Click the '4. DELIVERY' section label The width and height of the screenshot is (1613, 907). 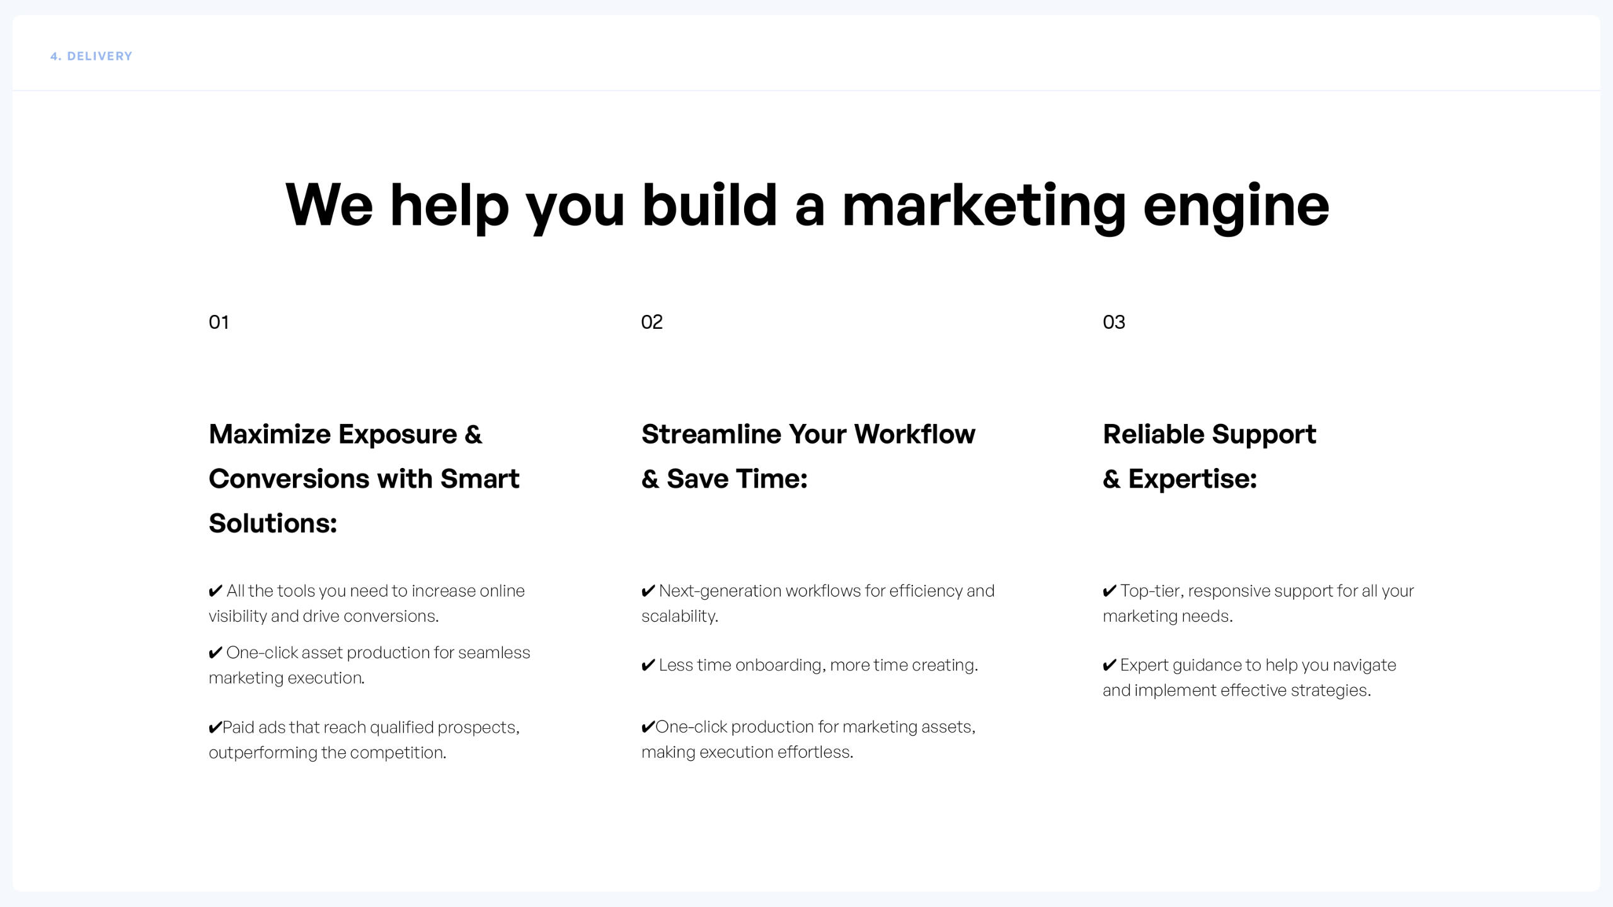pyautogui.click(x=91, y=56)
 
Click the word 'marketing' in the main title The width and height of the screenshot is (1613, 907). pyautogui.click(x=984, y=207)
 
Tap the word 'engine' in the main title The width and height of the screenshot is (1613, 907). pyautogui.click(x=1236, y=207)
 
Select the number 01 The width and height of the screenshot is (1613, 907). pyautogui.click(x=219, y=322)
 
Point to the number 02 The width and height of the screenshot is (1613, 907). pyautogui.click(x=652, y=322)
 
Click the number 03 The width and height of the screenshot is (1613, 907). pyautogui.click(x=1113, y=322)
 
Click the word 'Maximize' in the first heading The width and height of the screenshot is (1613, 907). pyautogui.click(x=270, y=434)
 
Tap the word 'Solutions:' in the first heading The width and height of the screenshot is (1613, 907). pyautogui.click(x=273, y=523)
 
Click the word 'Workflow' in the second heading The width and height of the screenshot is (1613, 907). pyautogui.click(x=914, y=434)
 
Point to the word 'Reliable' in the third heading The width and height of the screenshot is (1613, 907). pyautogui.click(x=1154, y=434)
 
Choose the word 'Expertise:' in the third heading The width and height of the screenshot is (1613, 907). pyautogui.click(x=1192, y=479)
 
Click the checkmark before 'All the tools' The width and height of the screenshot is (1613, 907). pyautogui.click(x=215, y=591)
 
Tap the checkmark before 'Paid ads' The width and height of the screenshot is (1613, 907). pyautogui.click(x=215, y=727)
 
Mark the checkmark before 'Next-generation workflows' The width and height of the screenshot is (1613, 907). pyautogui.click(x=648, y=591)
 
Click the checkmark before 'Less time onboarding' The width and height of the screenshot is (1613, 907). pyautogui.click(x=648, y=665)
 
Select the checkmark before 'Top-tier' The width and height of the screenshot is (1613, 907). pyautogui.click(x=1110, y=591)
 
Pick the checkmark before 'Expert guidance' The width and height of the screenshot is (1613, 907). pyautogui.click(x=1110, y=665)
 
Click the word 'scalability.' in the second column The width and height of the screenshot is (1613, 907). pyautogui.click(x=680, y=616)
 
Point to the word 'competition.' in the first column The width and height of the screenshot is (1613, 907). pyautogui.click(x=398, y=753)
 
